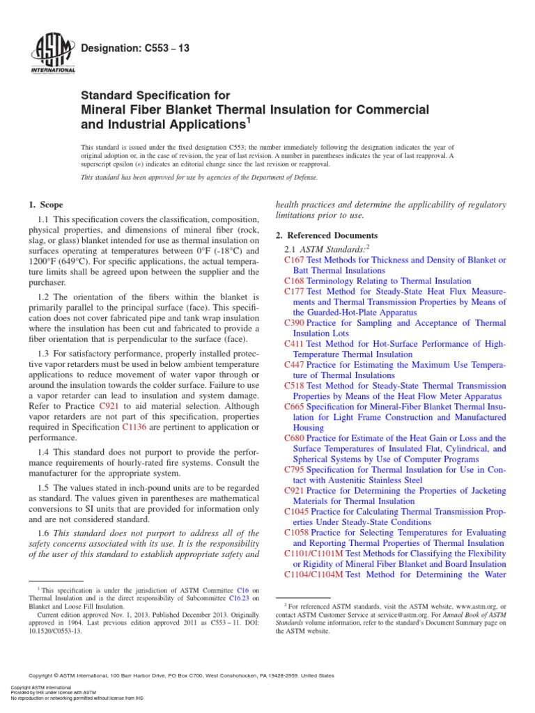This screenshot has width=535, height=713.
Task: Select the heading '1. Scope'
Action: tap(46, 205)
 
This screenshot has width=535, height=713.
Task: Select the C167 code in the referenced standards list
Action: tap(294, 260)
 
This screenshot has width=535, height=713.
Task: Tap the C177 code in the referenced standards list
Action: tap(294, 291)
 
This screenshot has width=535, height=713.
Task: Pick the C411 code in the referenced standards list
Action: tap(294, 344)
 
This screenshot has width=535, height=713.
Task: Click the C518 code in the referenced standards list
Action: tap(294, 386)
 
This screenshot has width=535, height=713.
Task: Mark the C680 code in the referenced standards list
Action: tap(294, 439)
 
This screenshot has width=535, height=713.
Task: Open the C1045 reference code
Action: tap(297, 512)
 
